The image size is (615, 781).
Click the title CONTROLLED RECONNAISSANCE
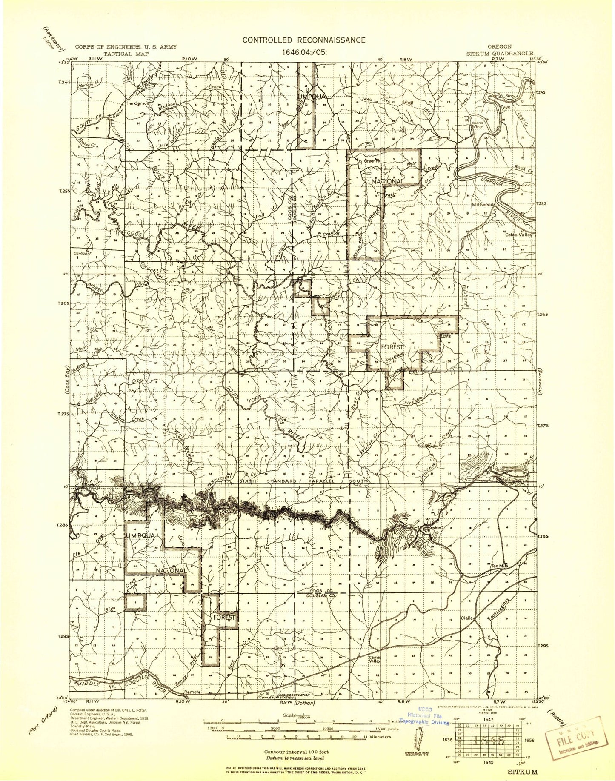point(303,40)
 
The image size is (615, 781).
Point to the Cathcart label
point(83,253)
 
